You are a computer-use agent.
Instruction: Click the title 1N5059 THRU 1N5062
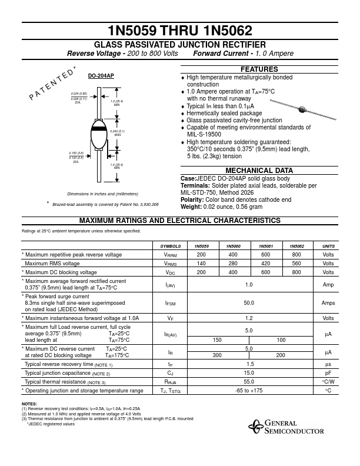pos(179,31)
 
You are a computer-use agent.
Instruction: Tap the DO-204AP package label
pos(101,76)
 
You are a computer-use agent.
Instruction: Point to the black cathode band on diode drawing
pos(100,128)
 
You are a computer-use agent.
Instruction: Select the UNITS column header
pos(328,245)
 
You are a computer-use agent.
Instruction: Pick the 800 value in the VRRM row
pos(296,255)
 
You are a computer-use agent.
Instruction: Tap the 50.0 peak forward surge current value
pos(249,303)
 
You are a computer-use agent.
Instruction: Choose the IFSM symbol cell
pos(170,304)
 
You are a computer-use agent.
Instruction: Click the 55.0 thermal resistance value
pos(249,381)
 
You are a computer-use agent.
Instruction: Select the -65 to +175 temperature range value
pos(249,390)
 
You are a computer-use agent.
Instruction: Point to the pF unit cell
pos(328,372)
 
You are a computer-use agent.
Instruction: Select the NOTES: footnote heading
pos(29,404)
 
